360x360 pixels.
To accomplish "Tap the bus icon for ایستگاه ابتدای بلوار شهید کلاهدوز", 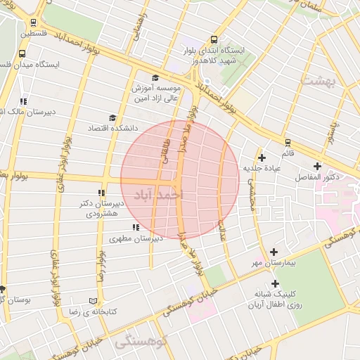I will click(214, 40).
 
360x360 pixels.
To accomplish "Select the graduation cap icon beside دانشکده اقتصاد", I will click(112, 118).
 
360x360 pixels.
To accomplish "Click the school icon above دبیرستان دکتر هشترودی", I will click(101, 192).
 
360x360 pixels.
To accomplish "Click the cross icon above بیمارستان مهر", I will click(274, 252).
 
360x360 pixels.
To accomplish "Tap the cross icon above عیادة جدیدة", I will click(262, 157).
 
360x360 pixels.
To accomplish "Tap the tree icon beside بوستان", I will click(3, 288).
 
